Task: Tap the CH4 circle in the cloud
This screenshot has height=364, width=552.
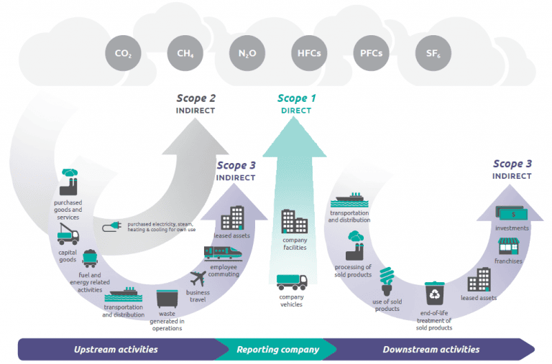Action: [x=180, y=52]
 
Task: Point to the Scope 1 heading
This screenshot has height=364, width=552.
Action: [x=296, y=98]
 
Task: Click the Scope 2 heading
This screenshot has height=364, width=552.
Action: [x=195, y=98]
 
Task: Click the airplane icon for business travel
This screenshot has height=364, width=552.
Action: [x=198, y=279]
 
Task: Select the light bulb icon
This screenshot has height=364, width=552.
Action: [x=388, y=280]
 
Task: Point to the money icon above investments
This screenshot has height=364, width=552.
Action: [x=512, y=213]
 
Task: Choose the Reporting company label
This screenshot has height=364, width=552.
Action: [x=277, y=350]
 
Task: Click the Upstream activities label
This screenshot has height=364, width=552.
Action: [x=115, y=350]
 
